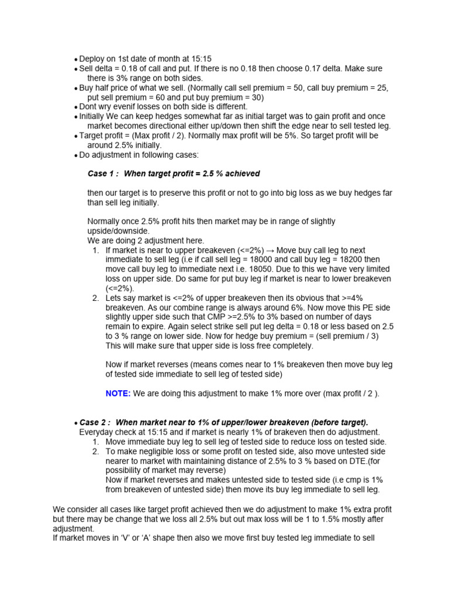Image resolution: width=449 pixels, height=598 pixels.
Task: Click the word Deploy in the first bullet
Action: tap(91, 59)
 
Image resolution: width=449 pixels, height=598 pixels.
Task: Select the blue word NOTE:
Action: tap(118, 394)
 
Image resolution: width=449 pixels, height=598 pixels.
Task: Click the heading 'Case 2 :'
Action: tap(95, 422)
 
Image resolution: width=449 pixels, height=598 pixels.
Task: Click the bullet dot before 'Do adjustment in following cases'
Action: tap(76, 155)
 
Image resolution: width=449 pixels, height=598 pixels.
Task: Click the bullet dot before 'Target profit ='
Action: tap(76, 136)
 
